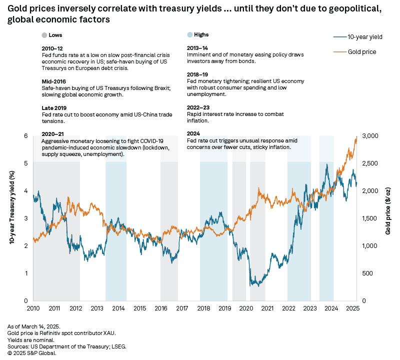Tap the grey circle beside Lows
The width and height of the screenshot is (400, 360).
click(45, 35)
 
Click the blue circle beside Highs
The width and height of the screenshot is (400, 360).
click(189, 35)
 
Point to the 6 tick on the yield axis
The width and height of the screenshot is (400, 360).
click(26, 136)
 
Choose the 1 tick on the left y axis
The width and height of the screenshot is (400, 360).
click(26, 273)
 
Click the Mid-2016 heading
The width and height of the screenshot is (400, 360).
click(54, 80)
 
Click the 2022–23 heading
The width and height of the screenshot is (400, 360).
click(198, 107)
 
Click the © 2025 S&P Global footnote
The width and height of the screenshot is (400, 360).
click(32, 353)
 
